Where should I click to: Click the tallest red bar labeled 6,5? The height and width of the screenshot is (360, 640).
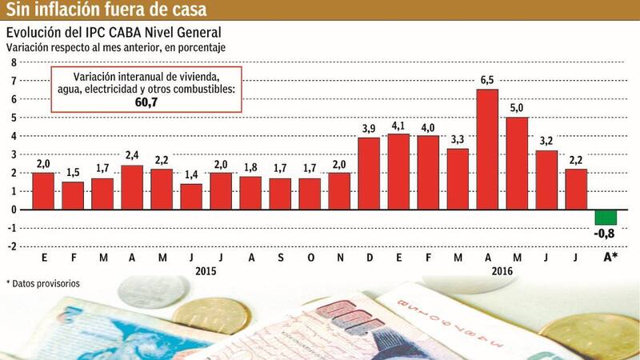click(487, 149)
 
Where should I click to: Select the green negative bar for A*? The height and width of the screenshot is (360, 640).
click(606, 217)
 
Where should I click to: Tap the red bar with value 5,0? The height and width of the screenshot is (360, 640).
click(517, 163)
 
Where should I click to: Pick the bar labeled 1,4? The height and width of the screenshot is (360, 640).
click(191, 196)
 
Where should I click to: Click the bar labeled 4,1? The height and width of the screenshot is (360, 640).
click(398, 171)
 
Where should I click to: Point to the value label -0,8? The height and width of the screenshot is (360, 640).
click(606, 234)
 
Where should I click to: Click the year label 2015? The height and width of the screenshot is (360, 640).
click(206, 271)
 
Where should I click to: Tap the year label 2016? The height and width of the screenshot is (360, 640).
click(502, 271)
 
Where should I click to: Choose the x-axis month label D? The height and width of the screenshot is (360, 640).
click(369, 258)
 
